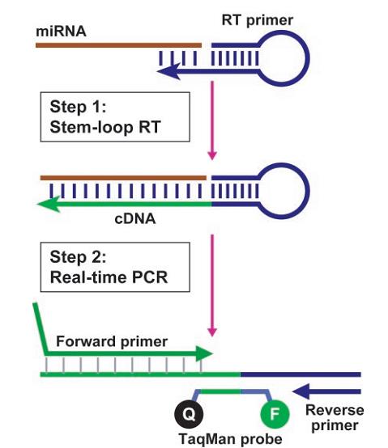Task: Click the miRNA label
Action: coord(61,32)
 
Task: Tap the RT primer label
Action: coord(258,20)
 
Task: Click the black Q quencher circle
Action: coord(189,414)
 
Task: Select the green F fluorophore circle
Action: coord(275,414)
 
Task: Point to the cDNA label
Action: coord(135,219)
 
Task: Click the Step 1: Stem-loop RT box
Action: coord(115,117)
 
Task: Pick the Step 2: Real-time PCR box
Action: coord(115,267)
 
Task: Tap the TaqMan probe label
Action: coord(230,439)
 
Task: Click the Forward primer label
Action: coord(112,341)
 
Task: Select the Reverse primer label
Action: coord(335,418)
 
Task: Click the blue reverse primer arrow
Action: coord(326,391)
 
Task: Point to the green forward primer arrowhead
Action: coord(204,353)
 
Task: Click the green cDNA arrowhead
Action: coord(49,205)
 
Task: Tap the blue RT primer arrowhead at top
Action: coord(168,71)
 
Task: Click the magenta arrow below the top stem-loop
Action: coord(212,120)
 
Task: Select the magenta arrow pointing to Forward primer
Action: coord(212,285)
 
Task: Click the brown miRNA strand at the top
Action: coord(119,45)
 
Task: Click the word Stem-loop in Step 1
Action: coord(92,128)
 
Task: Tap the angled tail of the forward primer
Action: coord(40,328)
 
